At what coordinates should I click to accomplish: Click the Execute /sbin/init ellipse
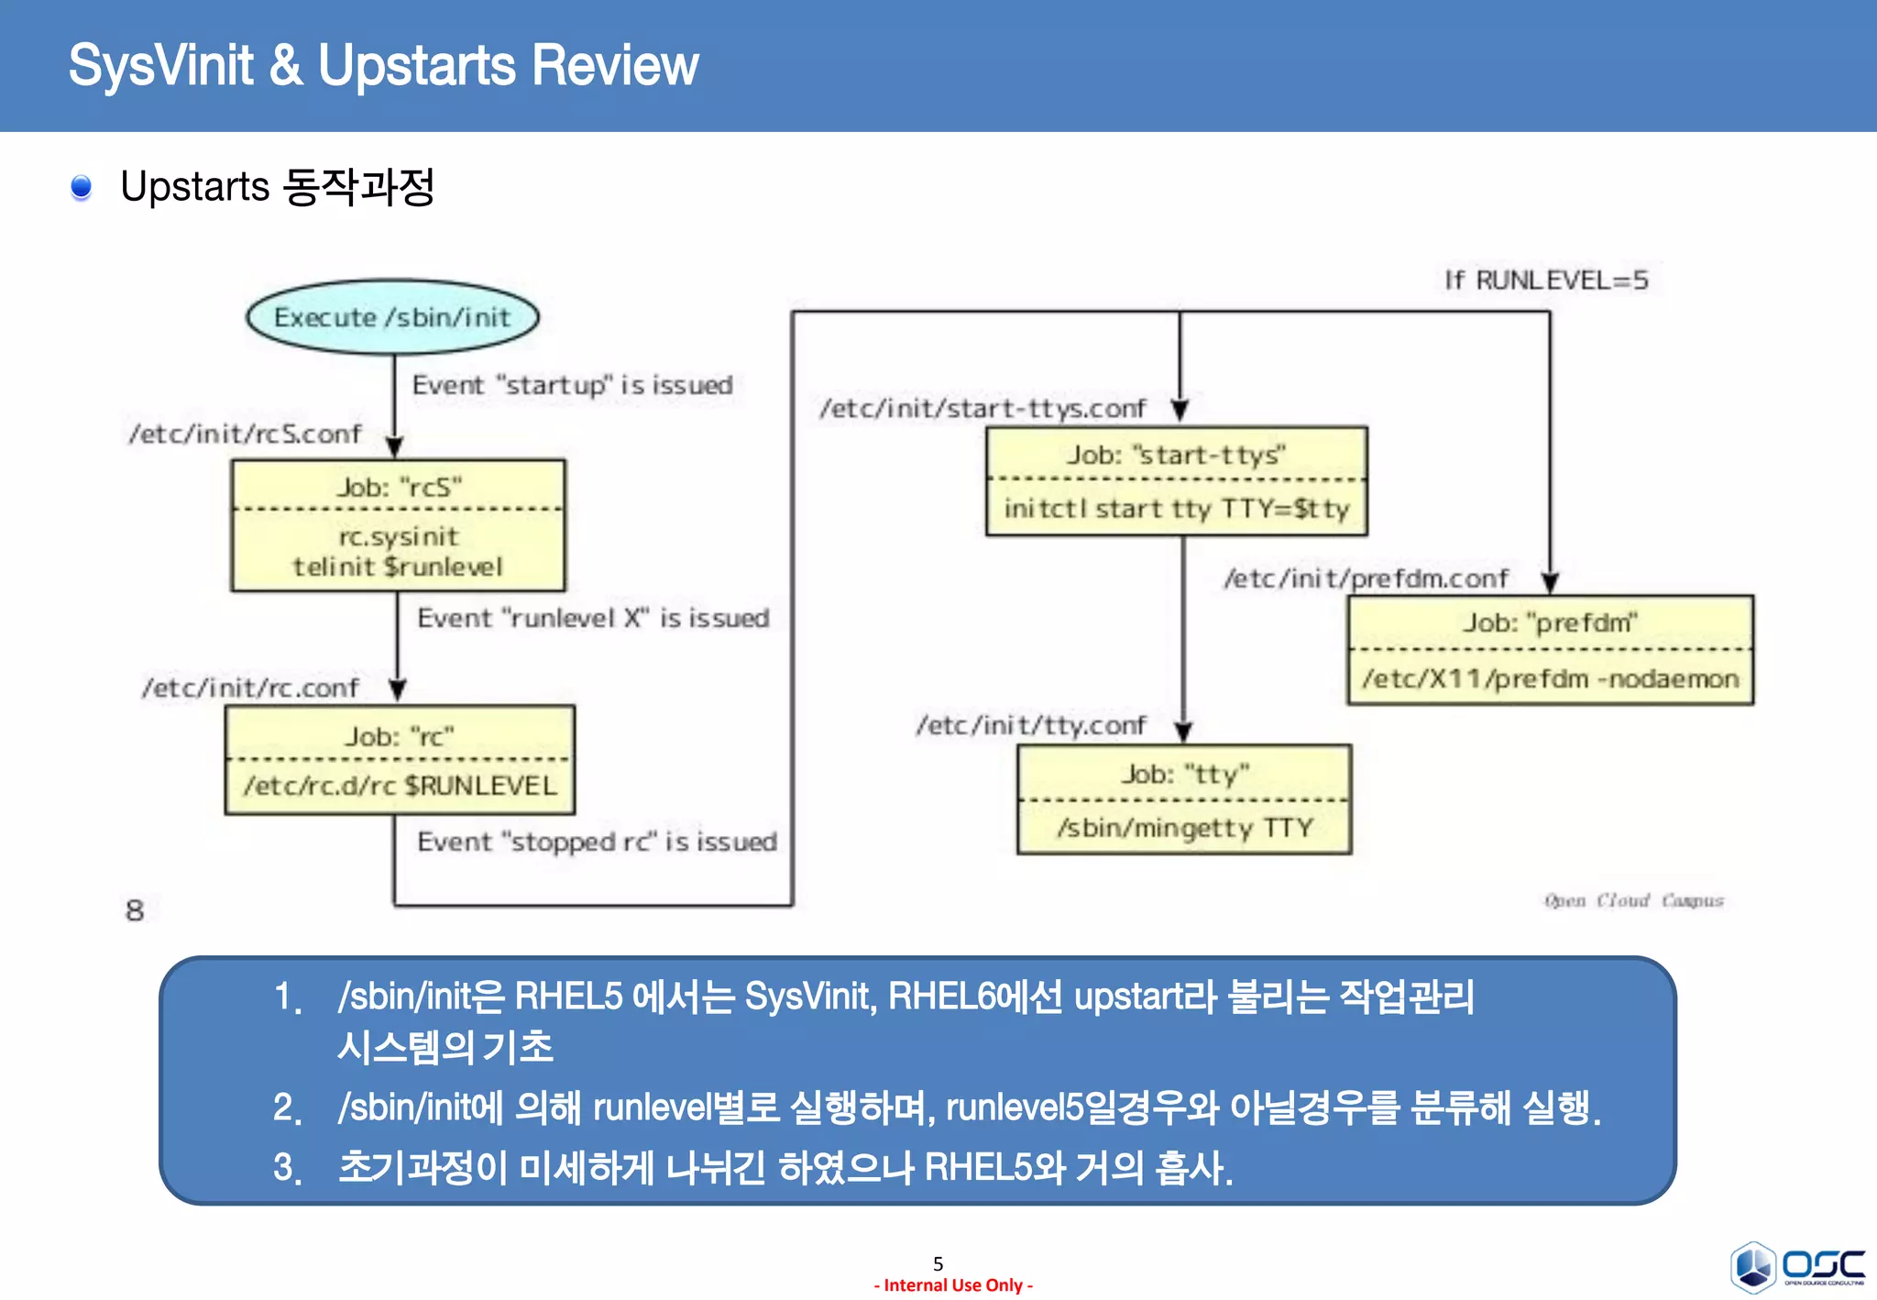(x=392, y=317)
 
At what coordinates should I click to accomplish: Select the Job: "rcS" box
(x=398, y=525)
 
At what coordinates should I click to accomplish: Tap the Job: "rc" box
(x=400, y=760)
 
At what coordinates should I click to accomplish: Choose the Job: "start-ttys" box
(x=1177, y=481)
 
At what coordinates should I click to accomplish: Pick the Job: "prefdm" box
(x=1550, y=650)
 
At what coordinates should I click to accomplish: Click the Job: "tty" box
(x=1184, y=799)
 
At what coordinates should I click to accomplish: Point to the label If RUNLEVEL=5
(x=1546, y=281)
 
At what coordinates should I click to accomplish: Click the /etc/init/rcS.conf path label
(x=246, y=434)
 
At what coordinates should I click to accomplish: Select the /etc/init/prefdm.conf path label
(x=1366, y=578)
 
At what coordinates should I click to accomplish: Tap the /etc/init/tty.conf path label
(x=1031, y=725)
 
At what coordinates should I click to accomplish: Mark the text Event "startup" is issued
(x=572, y=385)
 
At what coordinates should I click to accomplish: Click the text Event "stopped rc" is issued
(x=597, y=842)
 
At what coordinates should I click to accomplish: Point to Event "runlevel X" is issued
(x=593, y=618)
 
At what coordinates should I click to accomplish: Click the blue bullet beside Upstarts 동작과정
(x=82, y=187)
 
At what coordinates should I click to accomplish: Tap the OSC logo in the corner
(x=1797, y=1267)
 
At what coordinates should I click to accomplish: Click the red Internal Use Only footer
(x=953, y=1285)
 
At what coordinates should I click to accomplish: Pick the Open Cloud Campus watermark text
(x=1633, y=900)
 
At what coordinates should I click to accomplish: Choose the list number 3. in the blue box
(x=288, y=1168)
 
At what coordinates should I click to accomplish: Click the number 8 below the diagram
(x=135, y=910)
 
